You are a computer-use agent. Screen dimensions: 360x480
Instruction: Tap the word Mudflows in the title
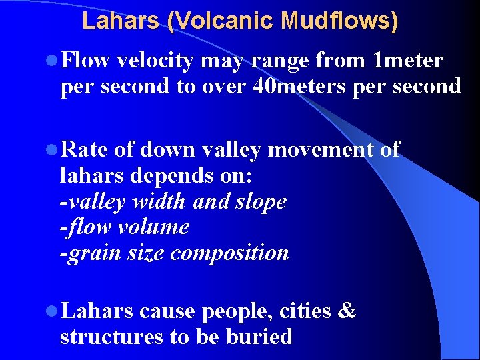coord(339,21)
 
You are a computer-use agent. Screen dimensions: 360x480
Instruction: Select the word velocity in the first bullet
coord(155,61)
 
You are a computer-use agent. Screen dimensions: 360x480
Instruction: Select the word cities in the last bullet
coord(305,311)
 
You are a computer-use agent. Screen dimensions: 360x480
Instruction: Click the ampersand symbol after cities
coord(347,311)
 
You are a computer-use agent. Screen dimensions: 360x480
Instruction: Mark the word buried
coord(263,337)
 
